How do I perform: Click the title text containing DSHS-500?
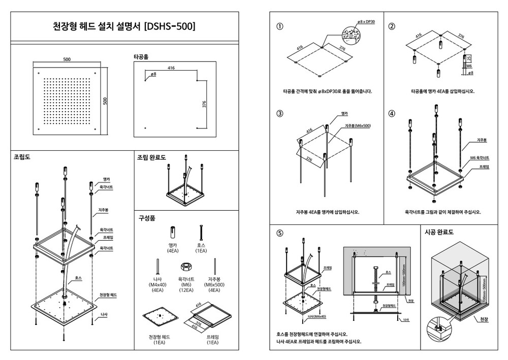click(124, 26)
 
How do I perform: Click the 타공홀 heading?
click(141, 56)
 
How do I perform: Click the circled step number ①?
click(280, 26)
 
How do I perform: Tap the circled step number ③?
click(280, 113)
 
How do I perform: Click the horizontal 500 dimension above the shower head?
click(67, 59)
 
